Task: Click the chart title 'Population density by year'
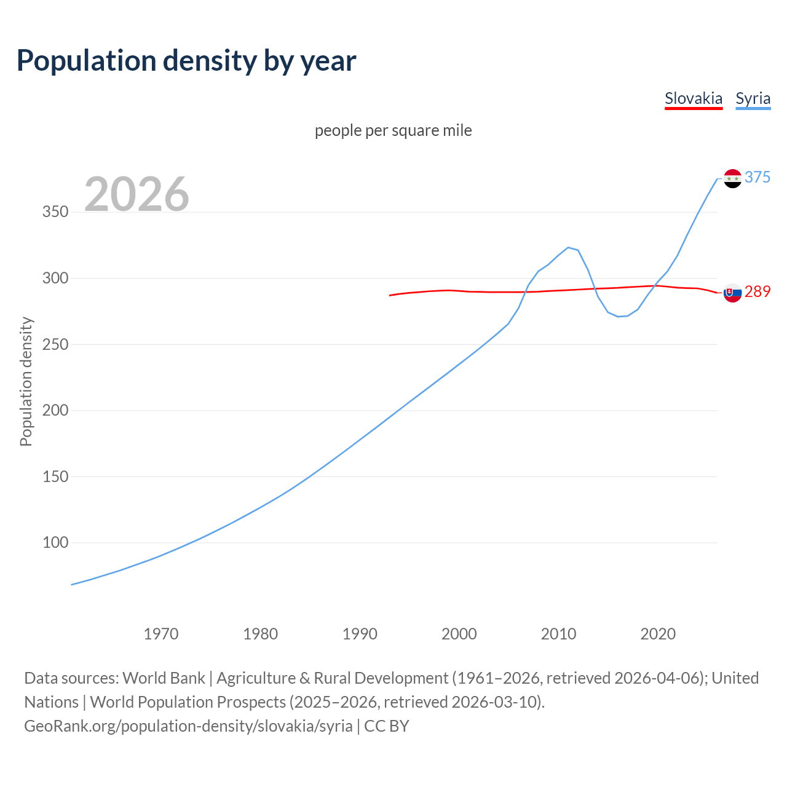point(186,60)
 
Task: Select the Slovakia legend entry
point(693,98)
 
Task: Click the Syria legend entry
point(753,98)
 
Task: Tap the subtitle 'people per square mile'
point(393,130)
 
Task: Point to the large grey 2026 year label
point(136,194)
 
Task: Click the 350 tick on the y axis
point(55,212)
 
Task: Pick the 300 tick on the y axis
point(55,278)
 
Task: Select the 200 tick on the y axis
point(55,410)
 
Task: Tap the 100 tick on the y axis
point(55,542)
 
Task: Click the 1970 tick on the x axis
point(161,634)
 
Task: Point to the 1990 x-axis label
point(360,634)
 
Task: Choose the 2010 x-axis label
point(558,634)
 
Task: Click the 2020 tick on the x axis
point(658,634)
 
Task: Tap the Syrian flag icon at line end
point(732,178)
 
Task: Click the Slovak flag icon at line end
point(732,293)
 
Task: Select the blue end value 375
point(757,177)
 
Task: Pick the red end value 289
point(757,291)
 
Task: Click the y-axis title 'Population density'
point(26,381)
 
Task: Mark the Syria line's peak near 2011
point(568,247)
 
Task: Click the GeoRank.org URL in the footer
point(188,726)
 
